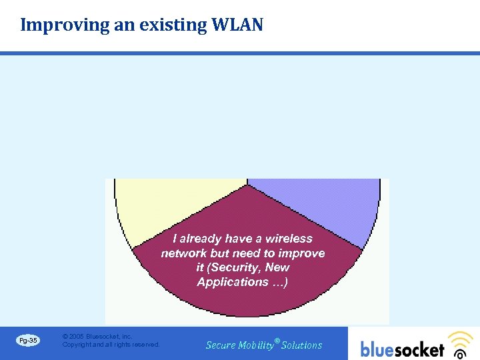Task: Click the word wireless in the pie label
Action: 289,239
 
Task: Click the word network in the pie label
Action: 184,253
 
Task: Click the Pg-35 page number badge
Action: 28,341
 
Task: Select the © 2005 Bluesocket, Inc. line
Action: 97,337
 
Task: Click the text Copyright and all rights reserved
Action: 111,345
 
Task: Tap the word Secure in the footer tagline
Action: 221,345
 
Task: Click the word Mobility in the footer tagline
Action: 256,345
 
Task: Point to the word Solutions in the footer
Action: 302,345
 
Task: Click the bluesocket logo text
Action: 402,349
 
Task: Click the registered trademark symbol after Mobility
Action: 277,340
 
